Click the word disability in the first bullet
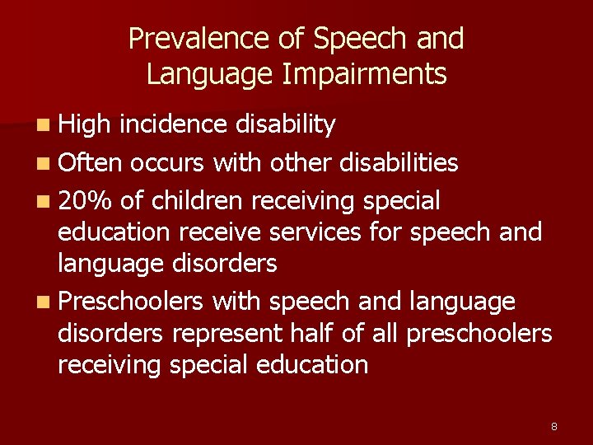coord(285,124)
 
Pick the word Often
coord(90,162)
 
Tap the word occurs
coord(168,162)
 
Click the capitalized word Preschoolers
coord(130,302)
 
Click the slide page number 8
coord(554,426)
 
